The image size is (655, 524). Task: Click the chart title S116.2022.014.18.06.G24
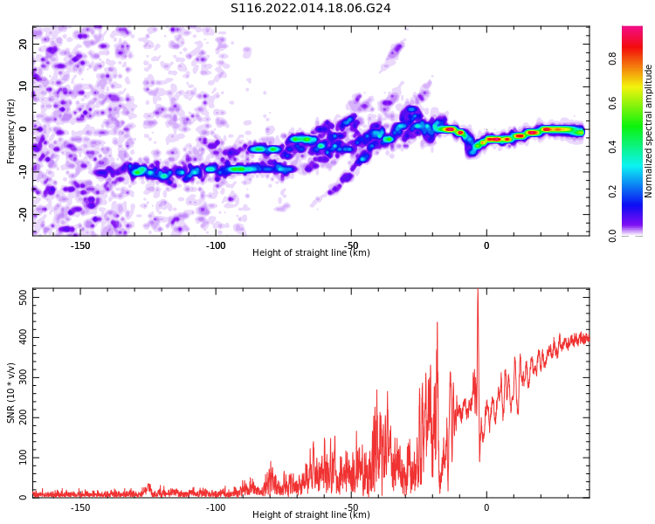point(310,8)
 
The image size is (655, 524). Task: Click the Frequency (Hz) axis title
point(10,131)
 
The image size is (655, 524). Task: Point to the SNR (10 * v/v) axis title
point(10,393)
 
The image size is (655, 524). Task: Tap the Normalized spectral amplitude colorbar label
point(648,131)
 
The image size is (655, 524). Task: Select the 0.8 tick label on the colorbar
point(612,59)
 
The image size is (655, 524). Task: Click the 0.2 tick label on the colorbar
point(612,191)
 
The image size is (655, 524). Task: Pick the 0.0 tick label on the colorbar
point(612,236)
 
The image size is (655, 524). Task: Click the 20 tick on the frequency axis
point(23,44)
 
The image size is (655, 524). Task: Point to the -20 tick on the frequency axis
point(23,215)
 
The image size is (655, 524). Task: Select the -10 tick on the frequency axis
point(23,172)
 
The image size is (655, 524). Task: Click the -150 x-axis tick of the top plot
point(80,245)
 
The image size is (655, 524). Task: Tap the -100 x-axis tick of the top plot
point(216,245)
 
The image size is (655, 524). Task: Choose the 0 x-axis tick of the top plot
point(486,245)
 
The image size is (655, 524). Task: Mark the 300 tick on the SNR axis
point(23,378)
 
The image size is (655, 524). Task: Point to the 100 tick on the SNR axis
point(23,458)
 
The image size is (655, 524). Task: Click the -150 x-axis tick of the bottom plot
point(80,507)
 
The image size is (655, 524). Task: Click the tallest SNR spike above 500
point(478,290)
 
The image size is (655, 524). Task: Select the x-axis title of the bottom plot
point(311,514)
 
